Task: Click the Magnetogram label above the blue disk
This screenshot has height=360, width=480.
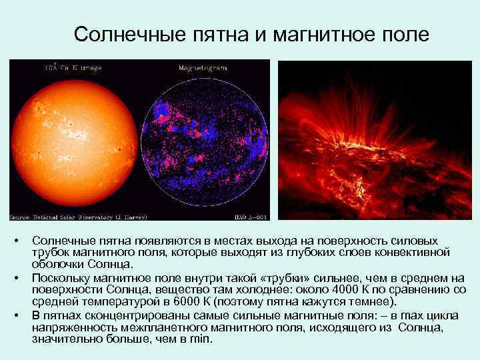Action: pos(203,68)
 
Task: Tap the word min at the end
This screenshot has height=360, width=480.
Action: pos(199,339)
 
